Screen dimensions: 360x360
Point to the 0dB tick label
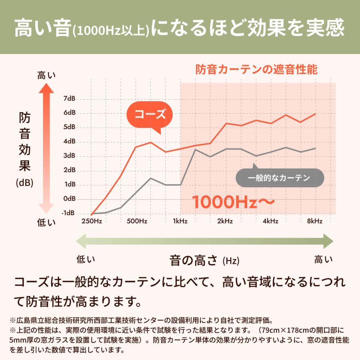click(70, 199)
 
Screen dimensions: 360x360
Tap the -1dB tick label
click(68, 213)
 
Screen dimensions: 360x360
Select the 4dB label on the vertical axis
click(70, 142)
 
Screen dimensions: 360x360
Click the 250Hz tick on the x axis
click(92, 221)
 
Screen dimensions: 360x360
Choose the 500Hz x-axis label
click(137, 221)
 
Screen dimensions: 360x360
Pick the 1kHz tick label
click(180, 221)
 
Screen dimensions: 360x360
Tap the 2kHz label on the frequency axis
click(225, 221)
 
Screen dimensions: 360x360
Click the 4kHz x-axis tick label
click(270, 221)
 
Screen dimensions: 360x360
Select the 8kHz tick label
click(315, 221)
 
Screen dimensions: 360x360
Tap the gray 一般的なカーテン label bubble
click(279, 178)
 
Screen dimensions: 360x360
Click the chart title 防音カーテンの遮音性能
click(256, 70)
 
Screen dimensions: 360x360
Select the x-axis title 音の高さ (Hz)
click(204, 261)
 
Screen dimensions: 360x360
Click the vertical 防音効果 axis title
click(25, 142)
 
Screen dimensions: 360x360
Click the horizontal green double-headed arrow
click(204, 241)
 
